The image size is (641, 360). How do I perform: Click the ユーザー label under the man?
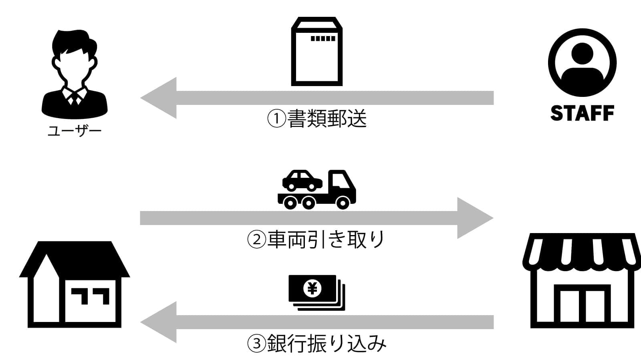75,131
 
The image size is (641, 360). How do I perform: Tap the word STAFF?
582,113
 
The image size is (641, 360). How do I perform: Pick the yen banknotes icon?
316,292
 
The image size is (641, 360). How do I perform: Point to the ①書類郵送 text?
316,119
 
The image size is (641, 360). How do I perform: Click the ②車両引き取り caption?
316,239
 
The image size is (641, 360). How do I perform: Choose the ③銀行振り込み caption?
316,343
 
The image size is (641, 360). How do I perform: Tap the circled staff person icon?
582,62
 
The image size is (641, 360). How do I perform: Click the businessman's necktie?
75,98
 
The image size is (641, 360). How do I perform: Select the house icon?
75,284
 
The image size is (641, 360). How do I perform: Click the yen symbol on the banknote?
312,288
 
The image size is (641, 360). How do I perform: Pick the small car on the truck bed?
302,180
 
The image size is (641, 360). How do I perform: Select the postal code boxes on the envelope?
323,39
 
